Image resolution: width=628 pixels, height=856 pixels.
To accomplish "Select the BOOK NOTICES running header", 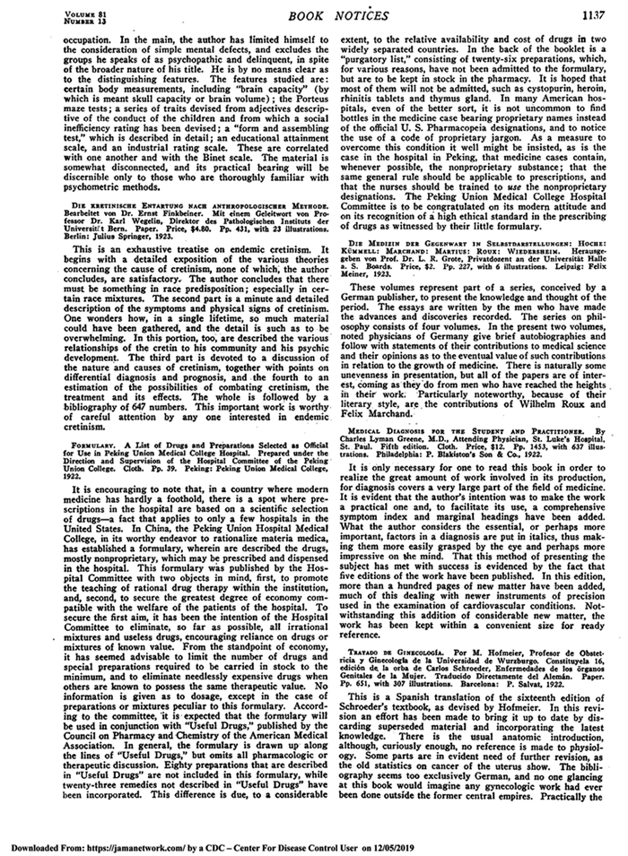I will coord(319,13).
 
